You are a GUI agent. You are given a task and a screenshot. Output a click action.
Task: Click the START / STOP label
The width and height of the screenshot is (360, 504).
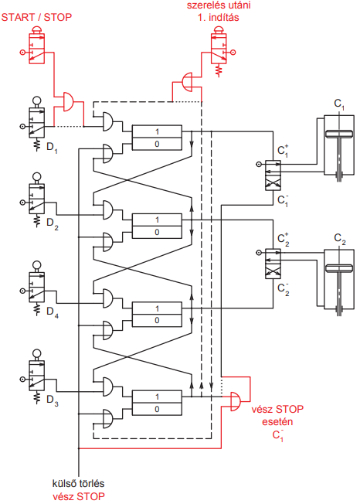(x=36, y=17)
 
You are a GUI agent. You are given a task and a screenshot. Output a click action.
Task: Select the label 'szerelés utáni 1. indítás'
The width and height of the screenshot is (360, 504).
(x=219, y=11)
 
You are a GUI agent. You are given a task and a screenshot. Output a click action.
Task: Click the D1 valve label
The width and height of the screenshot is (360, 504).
(x=53, y=148)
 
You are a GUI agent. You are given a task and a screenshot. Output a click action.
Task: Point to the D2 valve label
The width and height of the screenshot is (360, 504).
(x=53, y=223)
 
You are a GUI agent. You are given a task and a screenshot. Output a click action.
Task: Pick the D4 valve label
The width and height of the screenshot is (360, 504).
(x=53, y=312)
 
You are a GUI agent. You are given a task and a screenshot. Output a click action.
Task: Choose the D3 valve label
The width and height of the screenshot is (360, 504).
(x=53, y=400)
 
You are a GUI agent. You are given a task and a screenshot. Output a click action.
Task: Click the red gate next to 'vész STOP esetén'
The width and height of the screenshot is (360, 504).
(x=236, y=401)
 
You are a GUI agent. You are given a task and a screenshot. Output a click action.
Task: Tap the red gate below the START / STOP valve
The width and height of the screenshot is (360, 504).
(x=68, y=102)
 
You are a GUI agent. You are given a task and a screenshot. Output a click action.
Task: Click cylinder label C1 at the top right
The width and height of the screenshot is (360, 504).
(x=339, y=104)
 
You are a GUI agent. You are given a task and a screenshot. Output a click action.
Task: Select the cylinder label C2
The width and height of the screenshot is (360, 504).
(x=339, y=239)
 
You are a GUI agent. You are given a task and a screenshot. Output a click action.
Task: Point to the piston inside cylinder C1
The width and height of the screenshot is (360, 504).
(x=338, y=134)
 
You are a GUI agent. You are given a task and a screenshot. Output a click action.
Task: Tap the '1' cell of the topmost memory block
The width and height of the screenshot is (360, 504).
(x=157, y=131)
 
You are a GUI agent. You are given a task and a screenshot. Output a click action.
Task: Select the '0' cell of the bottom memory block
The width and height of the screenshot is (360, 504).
(x=157, y=409)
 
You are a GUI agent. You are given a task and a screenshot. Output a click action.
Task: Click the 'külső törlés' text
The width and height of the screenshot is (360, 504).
(x=78, y=483)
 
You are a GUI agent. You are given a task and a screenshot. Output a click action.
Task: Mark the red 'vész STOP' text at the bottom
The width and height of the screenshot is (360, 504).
(x=79, y=496)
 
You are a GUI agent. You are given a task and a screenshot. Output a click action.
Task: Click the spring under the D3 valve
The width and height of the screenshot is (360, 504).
(x=37, y=397)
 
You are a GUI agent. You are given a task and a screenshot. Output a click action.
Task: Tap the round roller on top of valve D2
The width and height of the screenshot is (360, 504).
(x=37, y=176)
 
